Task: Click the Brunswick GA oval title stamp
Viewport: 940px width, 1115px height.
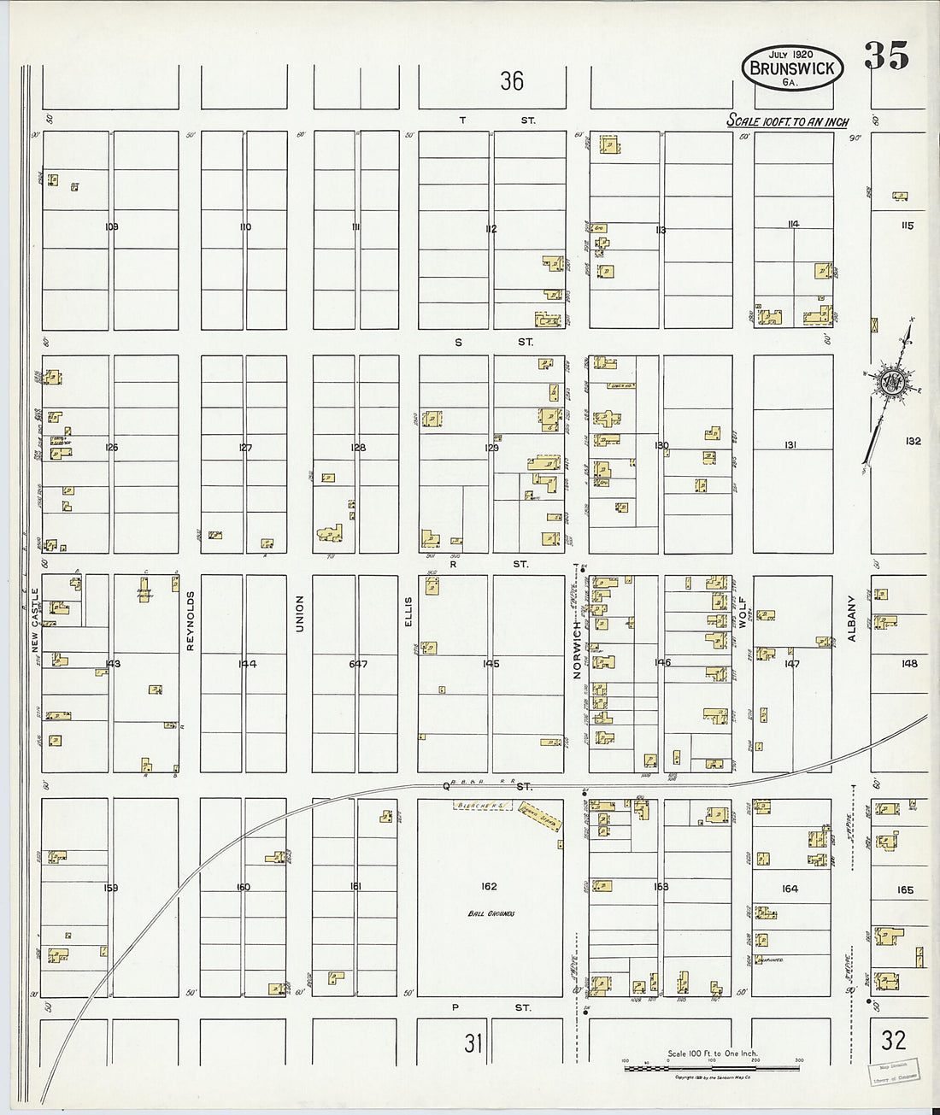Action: tap(793, 67)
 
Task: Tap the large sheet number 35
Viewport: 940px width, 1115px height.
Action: tap(886, 56)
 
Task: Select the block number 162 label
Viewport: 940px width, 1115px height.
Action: tap(489, 886)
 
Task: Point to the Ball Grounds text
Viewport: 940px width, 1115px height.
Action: tap(491, 913)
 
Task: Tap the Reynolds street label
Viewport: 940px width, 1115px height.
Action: tap(191, 620)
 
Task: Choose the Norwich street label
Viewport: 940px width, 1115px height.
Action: tap(577, 649)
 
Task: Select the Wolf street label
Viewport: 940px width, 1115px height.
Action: tap(743, 613)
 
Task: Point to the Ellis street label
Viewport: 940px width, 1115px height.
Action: tap(408, 612)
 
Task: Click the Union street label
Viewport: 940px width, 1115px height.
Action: tap(299, 613)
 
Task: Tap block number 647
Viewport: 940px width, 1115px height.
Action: tap(358, 663)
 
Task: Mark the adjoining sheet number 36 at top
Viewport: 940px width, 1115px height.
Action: tap(512, 81)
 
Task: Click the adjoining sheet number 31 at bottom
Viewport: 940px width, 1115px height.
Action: tap(473, 1042)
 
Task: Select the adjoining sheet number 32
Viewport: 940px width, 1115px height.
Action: tap(894, 1040)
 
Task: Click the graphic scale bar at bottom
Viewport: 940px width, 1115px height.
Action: tap(712, 1067)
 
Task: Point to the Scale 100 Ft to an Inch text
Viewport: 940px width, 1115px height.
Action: tap(787, 121)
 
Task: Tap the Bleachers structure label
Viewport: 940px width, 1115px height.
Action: tap(483, 805)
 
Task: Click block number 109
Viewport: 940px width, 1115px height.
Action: tap(110, 226)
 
